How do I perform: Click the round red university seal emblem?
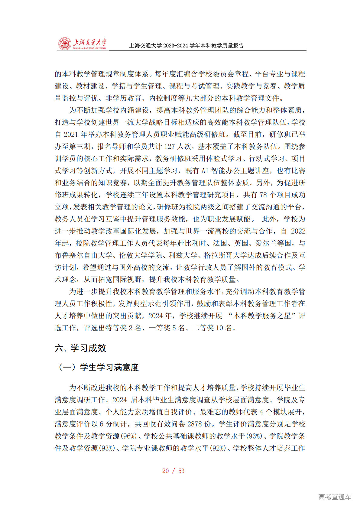point(65,44)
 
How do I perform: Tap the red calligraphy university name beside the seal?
point(90,43)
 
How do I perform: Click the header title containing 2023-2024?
point(186,46)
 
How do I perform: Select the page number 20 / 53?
point(173,471)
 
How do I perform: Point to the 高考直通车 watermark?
point(335,497)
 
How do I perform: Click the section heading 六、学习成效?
point(80,348)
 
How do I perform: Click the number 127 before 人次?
point(170,147)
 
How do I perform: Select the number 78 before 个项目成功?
point(263,195)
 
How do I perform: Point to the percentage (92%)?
point(218,448)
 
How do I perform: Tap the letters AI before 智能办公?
point(205,171)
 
